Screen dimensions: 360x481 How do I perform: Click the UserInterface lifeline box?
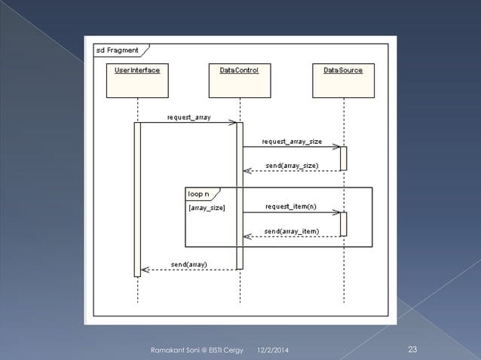[137, 81]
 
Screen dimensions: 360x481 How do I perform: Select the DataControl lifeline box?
[240, 81]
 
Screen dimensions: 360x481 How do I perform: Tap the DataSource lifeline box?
[343, 81]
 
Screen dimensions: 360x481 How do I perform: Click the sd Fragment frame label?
[117, 50]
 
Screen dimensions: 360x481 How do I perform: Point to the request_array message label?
[188, 117]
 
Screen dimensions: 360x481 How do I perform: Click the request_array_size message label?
[292, 141]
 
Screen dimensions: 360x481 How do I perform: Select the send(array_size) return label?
[292, 165]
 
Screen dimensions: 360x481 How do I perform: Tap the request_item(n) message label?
[291, 206]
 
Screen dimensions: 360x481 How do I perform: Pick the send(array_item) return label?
[291, 230]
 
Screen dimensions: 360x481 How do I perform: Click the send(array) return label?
[189, 264]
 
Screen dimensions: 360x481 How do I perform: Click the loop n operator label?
[199, 194]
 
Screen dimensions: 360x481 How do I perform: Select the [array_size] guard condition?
[206, 206]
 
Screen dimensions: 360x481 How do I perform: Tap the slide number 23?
[412, 349]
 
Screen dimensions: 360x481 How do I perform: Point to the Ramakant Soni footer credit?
[198, 350]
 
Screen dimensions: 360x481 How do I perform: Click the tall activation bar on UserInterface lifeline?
[137, 200]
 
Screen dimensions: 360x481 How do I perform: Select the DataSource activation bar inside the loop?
[343, 224]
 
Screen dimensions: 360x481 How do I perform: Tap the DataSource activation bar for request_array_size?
[343, 158]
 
